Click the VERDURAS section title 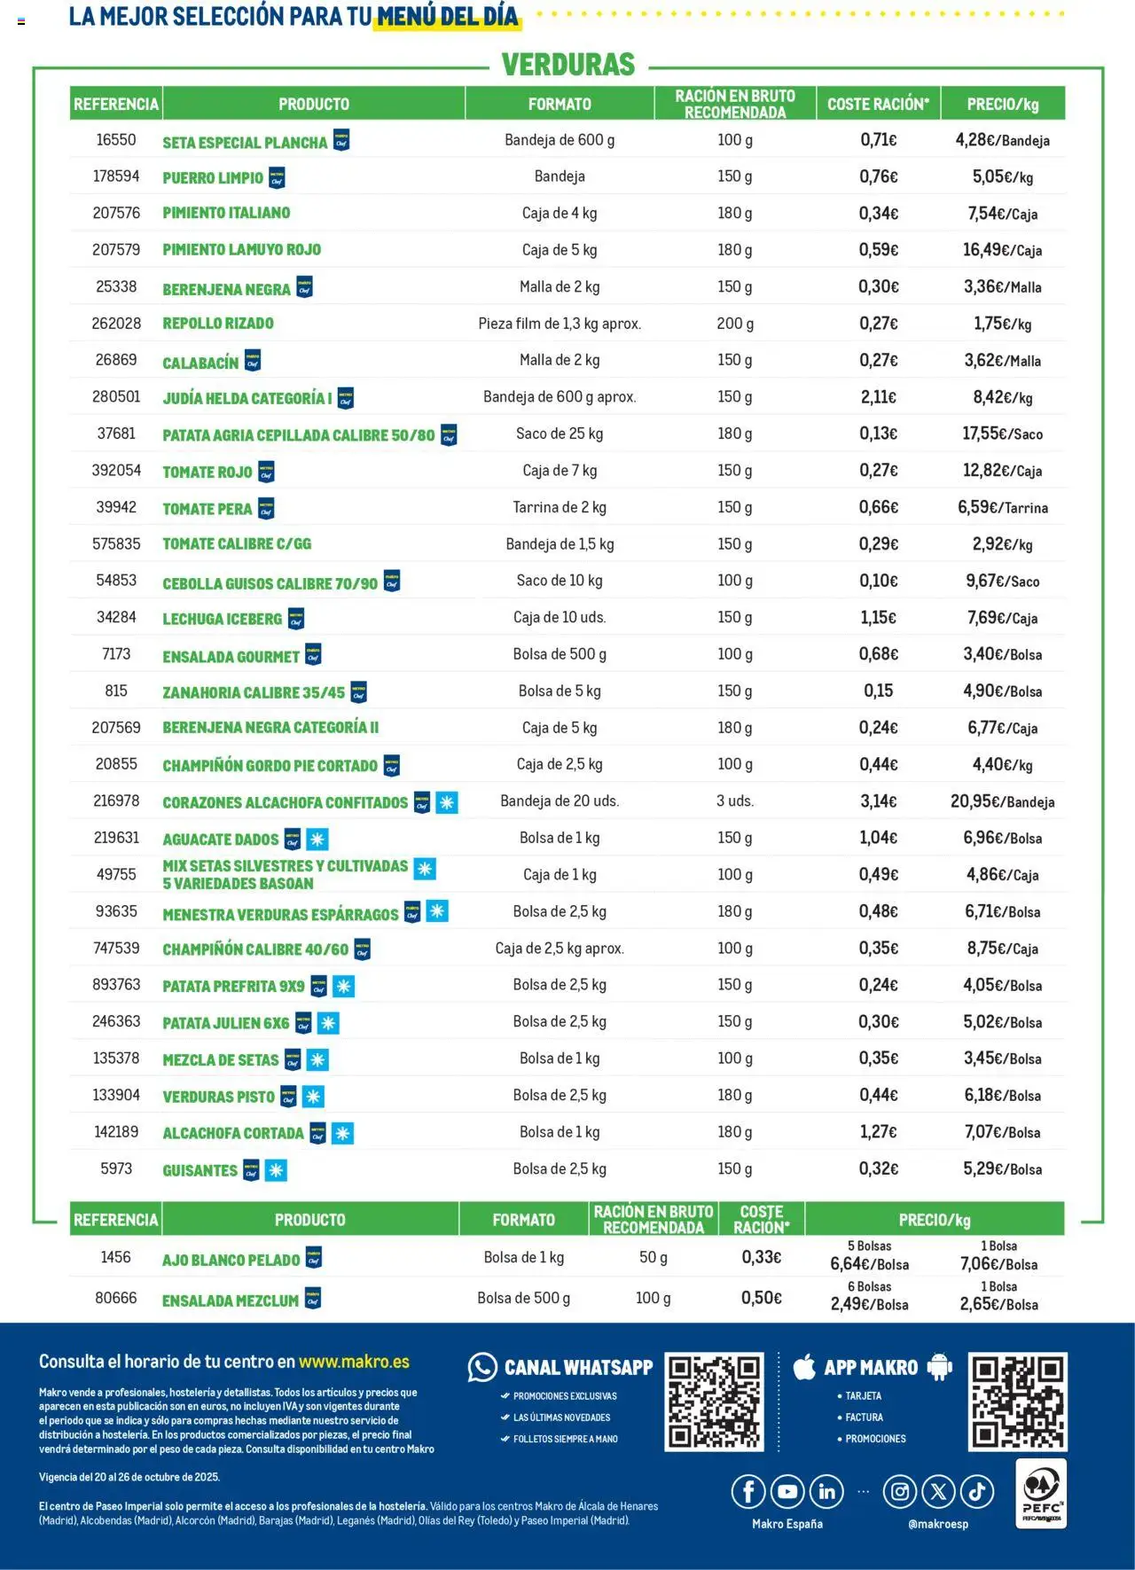(x=568, y=65)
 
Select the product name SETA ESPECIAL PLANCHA (x=245, y=142)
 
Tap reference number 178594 (x=116, y=176)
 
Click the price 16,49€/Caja (x=1002, y=250)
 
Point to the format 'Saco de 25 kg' (x=560, y=434)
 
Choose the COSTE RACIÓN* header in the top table (x=878, y=104)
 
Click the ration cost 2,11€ (x=878, y=397)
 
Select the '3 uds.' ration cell (x=735, y=801)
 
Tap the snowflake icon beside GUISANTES (x=277, y=1170)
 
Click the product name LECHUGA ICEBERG (x=223, y=619)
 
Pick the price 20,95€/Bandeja (x=1002, y=801)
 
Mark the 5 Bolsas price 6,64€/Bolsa (x=869, y=1264)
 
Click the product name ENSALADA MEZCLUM (x=231, y=1301)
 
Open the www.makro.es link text (x=354, y=1362)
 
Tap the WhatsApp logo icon (x=482, y=1367)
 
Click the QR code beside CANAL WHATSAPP (x=714, y=1402)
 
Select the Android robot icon (x=939, y=1367)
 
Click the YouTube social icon (x=787, y=1492)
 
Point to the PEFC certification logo (x=1041, y=1495)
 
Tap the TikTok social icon (x=977, y=1492)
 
